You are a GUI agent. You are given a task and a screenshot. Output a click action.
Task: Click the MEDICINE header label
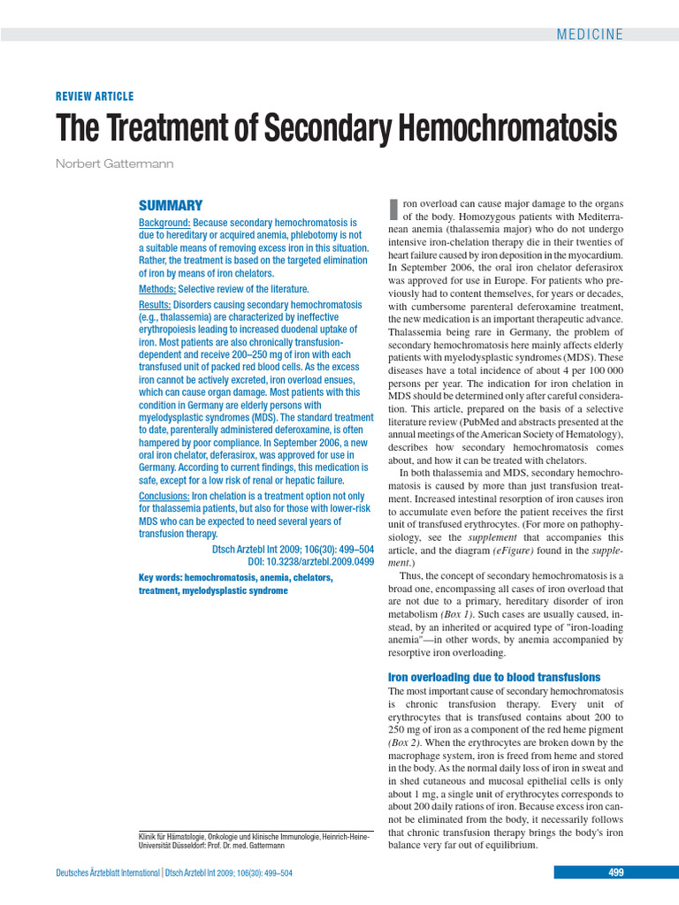[590, 34]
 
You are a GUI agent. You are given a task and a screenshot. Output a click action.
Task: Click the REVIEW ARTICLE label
[95, 96]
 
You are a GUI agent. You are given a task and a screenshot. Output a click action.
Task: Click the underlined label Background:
[164, 224]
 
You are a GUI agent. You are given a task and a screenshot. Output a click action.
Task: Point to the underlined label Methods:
[157, 289]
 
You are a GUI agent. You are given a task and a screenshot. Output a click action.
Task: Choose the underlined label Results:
[155, 305]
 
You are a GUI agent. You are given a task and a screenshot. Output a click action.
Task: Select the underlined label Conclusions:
[164, 496]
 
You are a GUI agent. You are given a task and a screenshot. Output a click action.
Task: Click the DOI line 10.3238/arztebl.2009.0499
[310, 561]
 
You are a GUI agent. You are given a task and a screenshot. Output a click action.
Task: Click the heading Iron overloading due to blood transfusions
[494, 676]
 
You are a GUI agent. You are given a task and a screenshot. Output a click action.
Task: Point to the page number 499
[616, 873]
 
